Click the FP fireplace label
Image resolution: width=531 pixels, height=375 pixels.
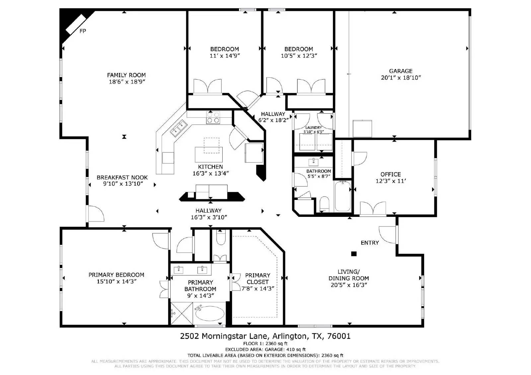pos(83,31)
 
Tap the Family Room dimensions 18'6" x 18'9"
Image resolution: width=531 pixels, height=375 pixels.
pos(127,82)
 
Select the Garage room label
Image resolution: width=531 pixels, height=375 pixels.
pos(401,71)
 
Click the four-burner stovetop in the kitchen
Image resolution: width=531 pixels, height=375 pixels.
pos(213,117)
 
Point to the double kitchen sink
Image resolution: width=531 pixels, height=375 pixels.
pos(179,128)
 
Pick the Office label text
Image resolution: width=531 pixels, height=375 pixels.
pos(390,174)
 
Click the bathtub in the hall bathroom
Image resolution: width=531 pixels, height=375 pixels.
pos(343,196)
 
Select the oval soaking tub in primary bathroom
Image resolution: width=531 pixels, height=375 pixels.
pos(209,313)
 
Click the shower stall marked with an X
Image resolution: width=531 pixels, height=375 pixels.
pos(182,313)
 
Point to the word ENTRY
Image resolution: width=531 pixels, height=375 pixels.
pos(370,243)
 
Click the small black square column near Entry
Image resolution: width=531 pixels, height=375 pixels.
pos(354,254)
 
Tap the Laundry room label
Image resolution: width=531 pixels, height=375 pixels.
pos(313,128)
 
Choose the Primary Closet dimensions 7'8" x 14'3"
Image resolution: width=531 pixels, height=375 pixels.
pos(258,288)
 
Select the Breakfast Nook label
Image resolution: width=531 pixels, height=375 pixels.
pos(122,177)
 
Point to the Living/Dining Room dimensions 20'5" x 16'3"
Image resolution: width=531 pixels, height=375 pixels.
pos(349,285)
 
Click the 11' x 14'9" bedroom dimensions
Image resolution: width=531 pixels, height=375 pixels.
pos(224,56)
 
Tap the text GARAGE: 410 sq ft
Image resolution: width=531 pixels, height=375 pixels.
pos(285,349)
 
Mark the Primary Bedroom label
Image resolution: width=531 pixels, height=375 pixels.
pos(116,275)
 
